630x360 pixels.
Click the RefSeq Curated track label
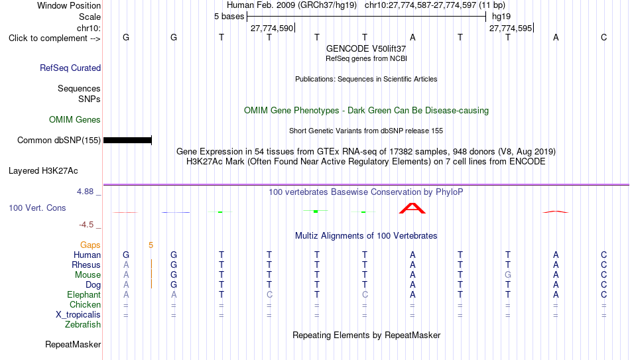tap(70, 68)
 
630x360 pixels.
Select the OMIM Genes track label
tap(75, 120)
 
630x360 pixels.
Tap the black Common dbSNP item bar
tap(127, 141)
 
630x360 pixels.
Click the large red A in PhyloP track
tap(412, 208)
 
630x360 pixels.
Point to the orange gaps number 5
tap(151, 245)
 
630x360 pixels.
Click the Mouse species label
tap(88, 275)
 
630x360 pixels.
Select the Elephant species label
tap(84, 295)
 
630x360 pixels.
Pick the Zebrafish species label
tap(83, 325)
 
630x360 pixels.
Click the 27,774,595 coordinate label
tap(511, 28)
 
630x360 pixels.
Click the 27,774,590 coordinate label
tap(272, 28)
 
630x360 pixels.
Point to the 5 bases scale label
tap(229, 17)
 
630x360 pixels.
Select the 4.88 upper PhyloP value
tap(85, 192)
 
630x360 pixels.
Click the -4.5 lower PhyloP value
tap(86, 225)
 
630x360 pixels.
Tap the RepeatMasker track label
tap(73, 344)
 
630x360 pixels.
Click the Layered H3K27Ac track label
tap(43, 171)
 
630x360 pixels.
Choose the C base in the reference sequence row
tap(603, 37)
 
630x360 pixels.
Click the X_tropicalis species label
tap(78, 315)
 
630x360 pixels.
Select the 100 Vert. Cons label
tap(37, 208)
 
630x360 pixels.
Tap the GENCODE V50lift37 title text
tap(366, 48)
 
